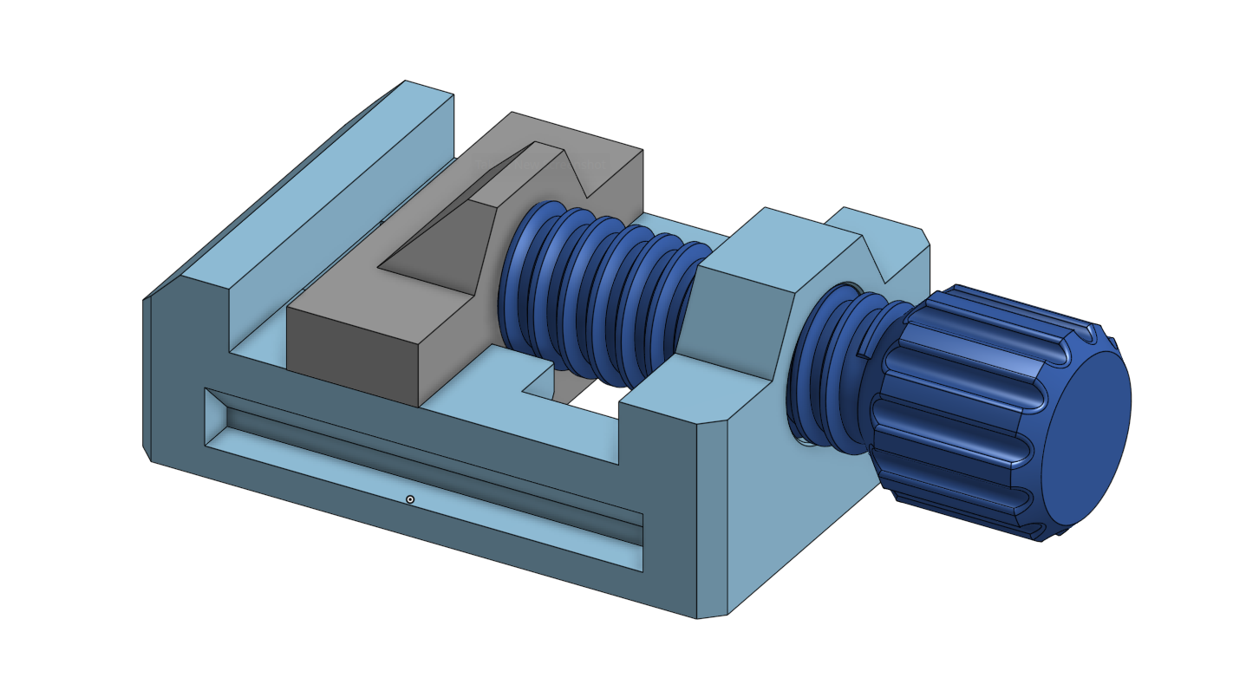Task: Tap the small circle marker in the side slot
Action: tap(410, 499)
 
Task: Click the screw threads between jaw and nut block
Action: tap(598, 295)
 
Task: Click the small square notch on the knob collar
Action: tap(867, 346)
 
